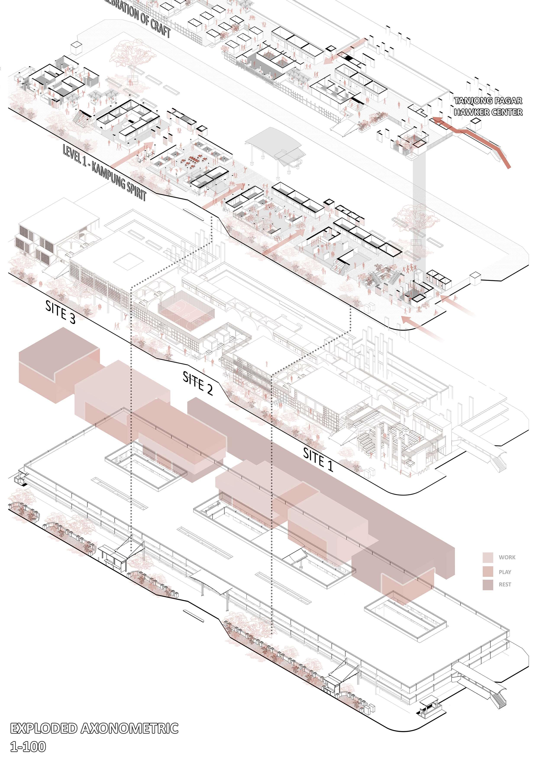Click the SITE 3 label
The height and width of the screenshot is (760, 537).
point(60,312)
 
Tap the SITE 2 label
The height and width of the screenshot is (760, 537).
point(198,383)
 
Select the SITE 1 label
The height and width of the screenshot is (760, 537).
point(318,459)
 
